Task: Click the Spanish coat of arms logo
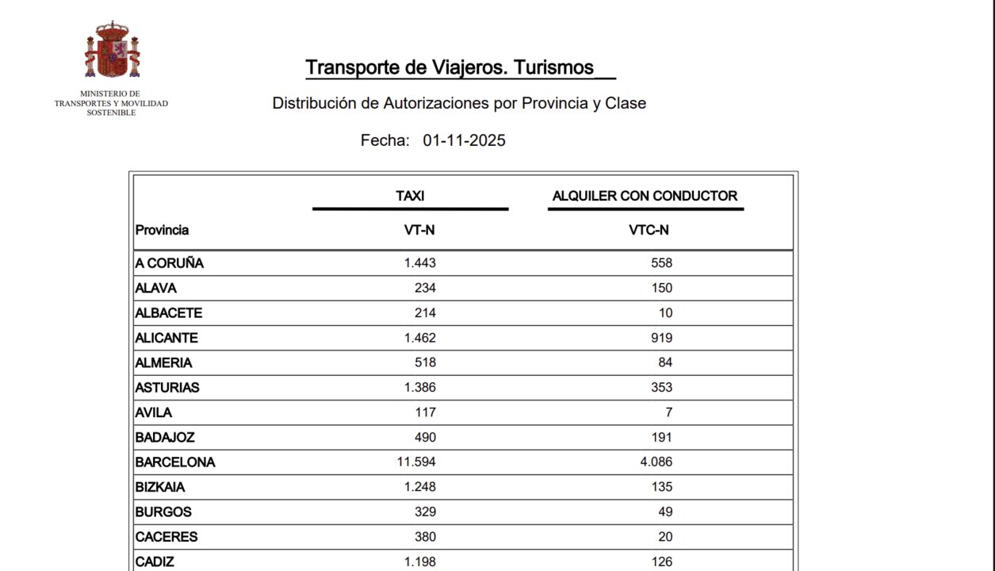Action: point(112,50)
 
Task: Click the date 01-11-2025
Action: point(464,141)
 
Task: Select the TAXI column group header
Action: point(410,196)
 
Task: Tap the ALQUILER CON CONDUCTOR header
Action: point(645,196)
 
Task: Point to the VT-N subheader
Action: point(419,230)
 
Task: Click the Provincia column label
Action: point(162,230)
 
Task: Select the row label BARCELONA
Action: point(174,462)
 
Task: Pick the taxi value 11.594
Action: point(416,462)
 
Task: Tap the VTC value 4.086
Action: point(656,462)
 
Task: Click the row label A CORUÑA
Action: point(169,263)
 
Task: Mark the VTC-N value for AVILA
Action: point(668,412)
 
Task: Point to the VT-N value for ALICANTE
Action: point(420,338)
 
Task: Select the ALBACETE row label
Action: point(168,313)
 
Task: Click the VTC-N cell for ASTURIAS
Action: point(660,388)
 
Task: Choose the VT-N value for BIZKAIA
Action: point(420,487)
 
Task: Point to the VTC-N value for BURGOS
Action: point(664,512)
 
